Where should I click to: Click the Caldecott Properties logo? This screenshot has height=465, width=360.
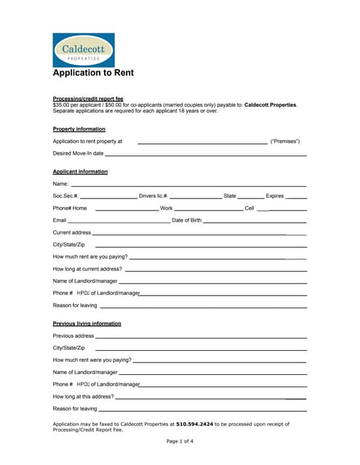pyautogui.click(x=84, y=50)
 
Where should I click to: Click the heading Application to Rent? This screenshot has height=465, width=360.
pyautogui.click(x=93, y=73)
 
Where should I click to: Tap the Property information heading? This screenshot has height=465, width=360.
pyautogui.click(x=79, y=129)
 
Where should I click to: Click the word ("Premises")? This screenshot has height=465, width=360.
pyautogui.click(x=285, y=141)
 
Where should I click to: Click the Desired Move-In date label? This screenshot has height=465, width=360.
pyautogui.click(x=79, y=153)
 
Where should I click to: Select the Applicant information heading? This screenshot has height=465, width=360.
pyautogui.click(x=80, y=171)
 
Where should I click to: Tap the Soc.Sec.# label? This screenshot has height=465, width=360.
pyautogui.click(x=65, y=196)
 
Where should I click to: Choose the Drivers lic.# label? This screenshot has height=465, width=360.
pyautogui.click(x=153, y=196)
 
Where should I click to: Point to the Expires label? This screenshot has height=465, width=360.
pyautogui.click(x=274, y=196)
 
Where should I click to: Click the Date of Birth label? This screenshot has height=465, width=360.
pyautogui.click(x=186, y=220)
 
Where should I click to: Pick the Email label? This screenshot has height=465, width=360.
pyautogui.click(x=60, y=220)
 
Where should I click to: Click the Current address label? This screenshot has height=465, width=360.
pyautogui.click(x=72, y=232)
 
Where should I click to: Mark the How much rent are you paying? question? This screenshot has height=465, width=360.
pyautogui.click(x=90, y=257)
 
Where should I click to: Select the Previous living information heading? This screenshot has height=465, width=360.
pyautogui.click(x=87, y=323)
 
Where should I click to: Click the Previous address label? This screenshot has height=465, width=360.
pyautogui.click(x=73, y=336)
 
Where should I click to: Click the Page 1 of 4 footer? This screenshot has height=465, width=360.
pyautogui.click(x=180, y=441)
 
